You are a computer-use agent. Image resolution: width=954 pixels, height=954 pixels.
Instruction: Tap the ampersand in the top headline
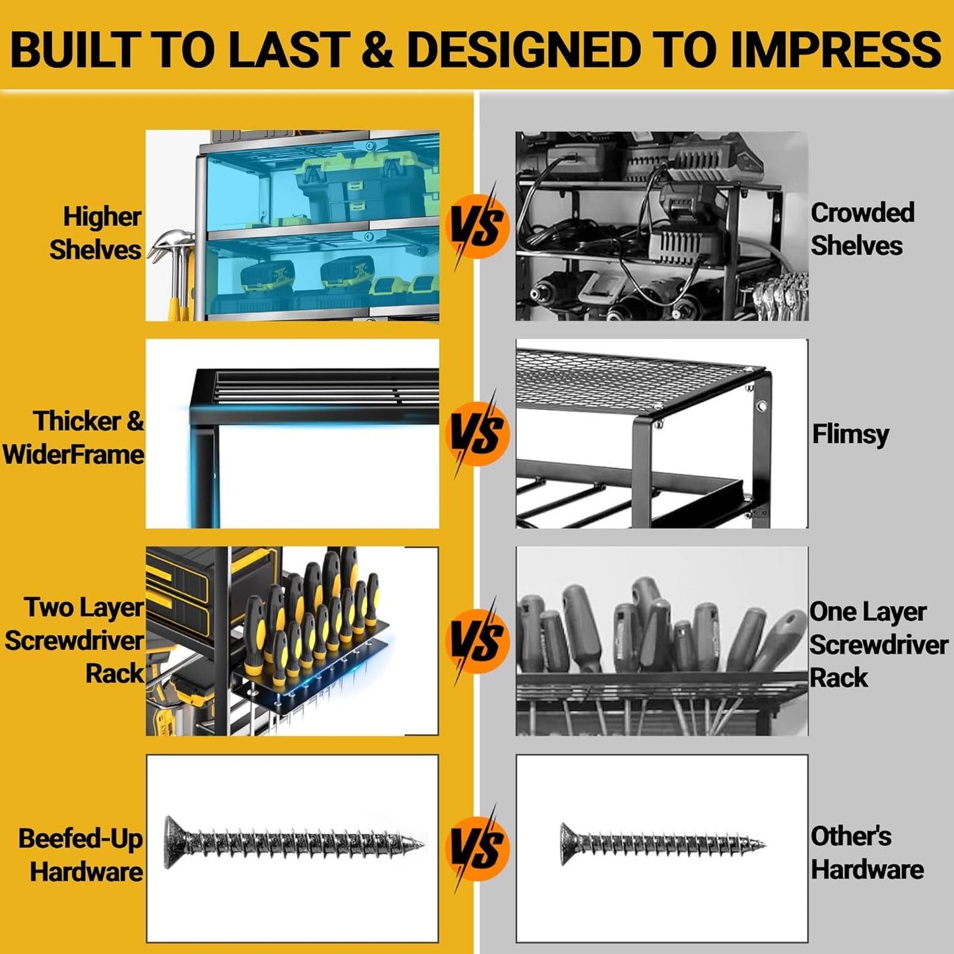(377, 50)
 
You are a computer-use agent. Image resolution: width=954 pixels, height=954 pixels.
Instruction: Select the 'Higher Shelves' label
(96, 233)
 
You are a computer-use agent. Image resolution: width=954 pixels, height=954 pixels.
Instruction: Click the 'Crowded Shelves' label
(862, 229)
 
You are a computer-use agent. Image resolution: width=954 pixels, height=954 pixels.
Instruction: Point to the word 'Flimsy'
(850, 435)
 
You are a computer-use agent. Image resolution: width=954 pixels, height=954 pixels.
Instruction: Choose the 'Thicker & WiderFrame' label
(74, 438)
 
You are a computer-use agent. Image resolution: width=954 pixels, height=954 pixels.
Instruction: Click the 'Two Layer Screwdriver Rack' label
(75, 640)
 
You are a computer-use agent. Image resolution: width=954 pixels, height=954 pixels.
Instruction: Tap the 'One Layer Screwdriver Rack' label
(879, 644)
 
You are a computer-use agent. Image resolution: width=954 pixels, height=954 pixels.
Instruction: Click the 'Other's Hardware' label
(867, 853)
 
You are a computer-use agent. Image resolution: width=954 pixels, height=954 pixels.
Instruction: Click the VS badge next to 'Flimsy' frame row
(477, 434)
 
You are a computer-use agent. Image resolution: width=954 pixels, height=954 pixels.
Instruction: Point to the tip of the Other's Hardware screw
(765, 844)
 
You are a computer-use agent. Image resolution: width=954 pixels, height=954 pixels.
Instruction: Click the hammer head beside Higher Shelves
(171, 242)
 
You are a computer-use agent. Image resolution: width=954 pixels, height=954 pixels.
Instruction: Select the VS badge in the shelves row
(477, 226)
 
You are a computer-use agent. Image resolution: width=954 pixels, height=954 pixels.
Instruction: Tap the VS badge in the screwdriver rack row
(477, 641)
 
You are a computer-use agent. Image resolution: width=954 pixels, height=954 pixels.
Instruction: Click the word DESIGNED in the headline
(524, 50)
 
